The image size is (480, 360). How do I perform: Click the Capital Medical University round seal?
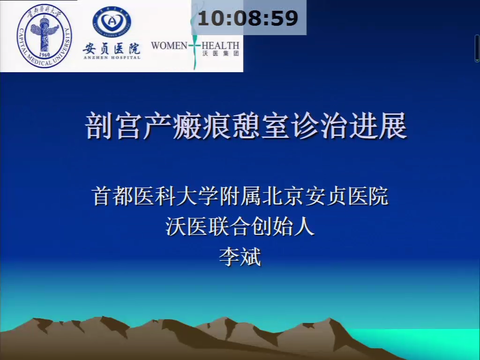point(45,36)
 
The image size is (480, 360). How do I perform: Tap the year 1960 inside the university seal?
point(45,54)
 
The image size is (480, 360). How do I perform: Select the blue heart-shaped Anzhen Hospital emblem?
point(112,22)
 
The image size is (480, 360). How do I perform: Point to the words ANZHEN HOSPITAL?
point(112,57)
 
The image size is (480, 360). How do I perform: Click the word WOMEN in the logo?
point(169,46)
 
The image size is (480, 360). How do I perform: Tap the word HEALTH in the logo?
point(220,46)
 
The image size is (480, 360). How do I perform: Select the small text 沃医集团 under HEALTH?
point(220,53)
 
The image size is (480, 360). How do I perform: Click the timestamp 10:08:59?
point(247,18)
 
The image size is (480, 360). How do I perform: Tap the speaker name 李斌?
point(240,257)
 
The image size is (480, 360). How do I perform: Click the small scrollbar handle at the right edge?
point(477,49)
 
